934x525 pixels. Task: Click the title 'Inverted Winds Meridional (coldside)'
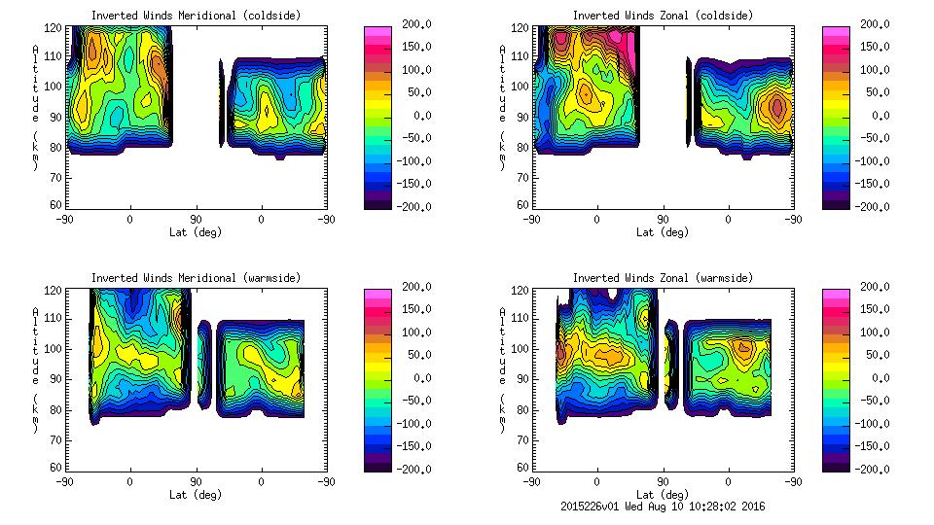coord(196,16)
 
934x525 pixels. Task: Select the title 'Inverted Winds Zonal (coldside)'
coord(663,16)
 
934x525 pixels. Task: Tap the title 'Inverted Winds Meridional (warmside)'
coord(196,278)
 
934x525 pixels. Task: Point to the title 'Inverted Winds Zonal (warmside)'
coord(663,278)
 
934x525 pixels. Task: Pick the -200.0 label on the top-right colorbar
coord(869,206)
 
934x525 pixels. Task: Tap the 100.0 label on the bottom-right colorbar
coord(869,332)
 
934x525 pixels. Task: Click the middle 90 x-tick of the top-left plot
coord(196,219)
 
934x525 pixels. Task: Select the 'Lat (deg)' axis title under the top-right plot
coord(663,231)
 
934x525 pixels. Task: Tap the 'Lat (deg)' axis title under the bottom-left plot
coord(196,494)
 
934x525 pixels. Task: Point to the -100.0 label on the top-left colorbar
coord(410,160)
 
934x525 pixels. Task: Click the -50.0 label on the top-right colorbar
coord(869,138)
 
